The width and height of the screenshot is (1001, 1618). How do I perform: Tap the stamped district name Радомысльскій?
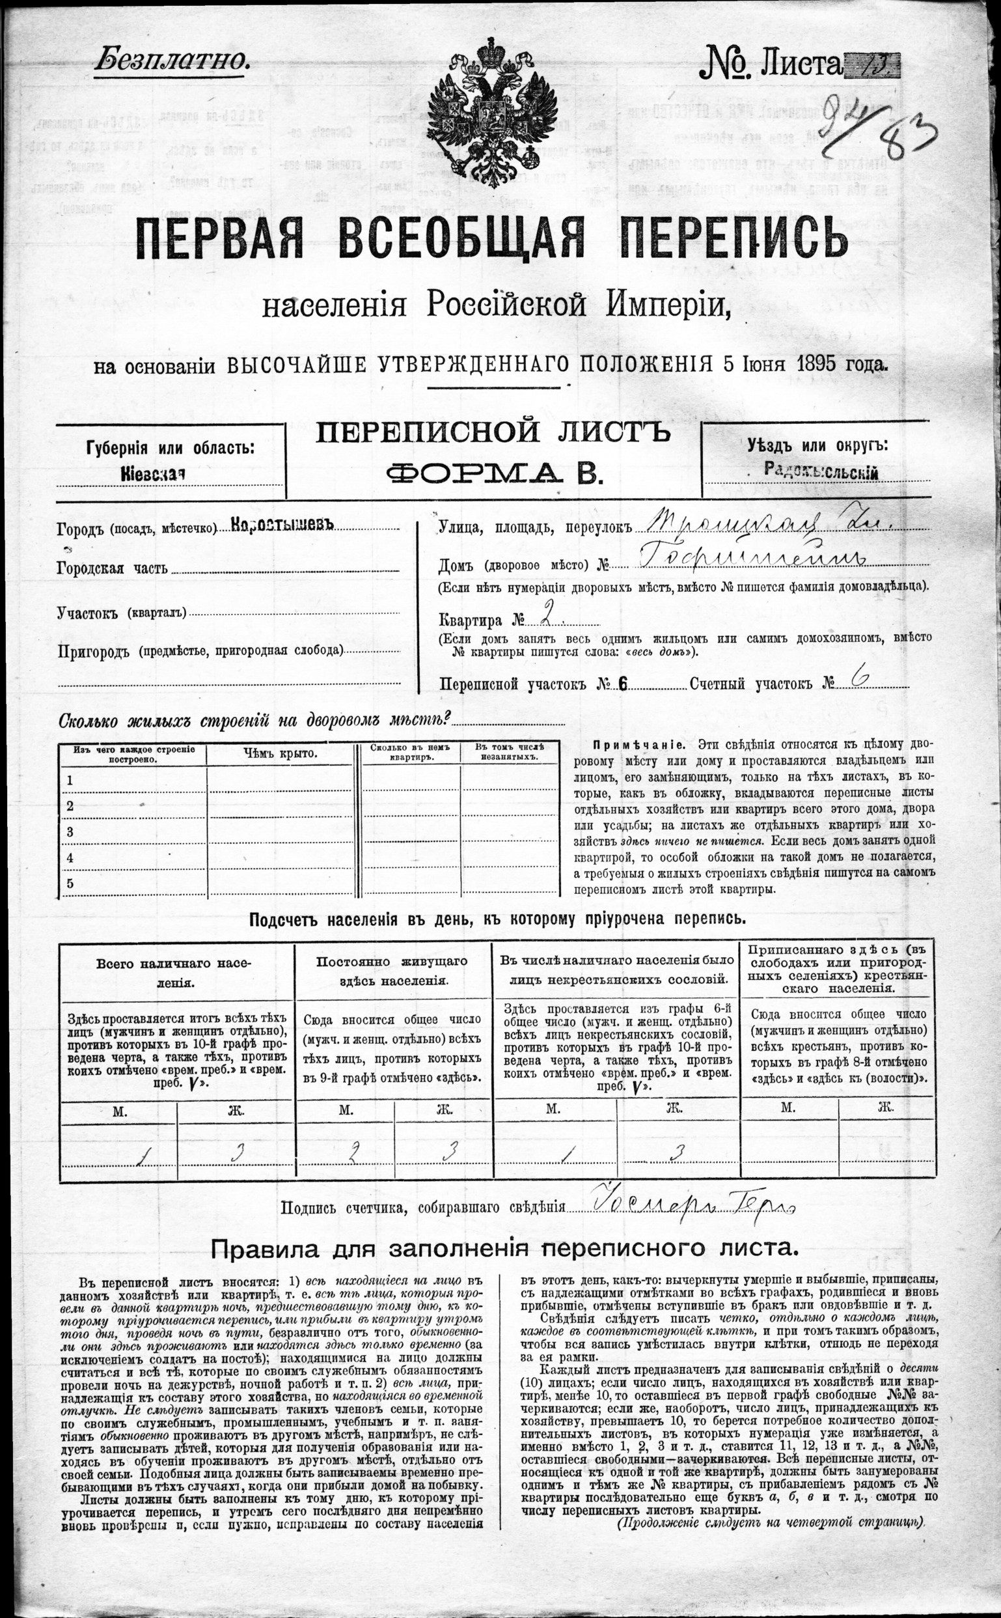pyautogui.click(x=821, y=472)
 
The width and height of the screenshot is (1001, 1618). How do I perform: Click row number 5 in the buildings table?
pyautogui.click(x=70, y=884)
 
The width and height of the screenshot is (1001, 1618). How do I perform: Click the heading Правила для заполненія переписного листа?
pyautogui.click(x=504, y=1249)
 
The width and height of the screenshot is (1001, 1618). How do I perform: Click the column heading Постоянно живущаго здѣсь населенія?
pyautogui.click(x=392, y=971)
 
